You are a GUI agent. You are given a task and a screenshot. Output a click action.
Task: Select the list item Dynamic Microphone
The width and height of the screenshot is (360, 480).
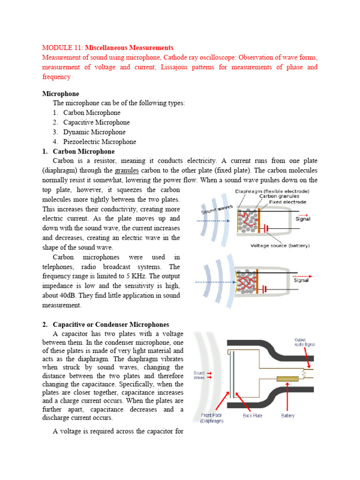[x=94, y=132]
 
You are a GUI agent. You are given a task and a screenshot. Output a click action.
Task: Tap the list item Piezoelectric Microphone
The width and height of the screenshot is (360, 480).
[x=99, y=142]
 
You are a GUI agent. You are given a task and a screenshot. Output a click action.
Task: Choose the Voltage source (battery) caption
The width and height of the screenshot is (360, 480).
[x=280, y=245]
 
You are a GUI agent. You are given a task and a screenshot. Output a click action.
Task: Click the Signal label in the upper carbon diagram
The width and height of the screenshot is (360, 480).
[x=302, y=219]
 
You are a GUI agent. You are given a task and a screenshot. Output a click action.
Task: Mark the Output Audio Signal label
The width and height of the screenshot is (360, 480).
[x=304, y=342]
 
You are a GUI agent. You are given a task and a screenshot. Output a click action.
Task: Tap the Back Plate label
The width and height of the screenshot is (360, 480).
[x=252, y=416]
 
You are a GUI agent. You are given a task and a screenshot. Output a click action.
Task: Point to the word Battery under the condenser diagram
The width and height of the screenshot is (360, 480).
[x=288, y=416]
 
